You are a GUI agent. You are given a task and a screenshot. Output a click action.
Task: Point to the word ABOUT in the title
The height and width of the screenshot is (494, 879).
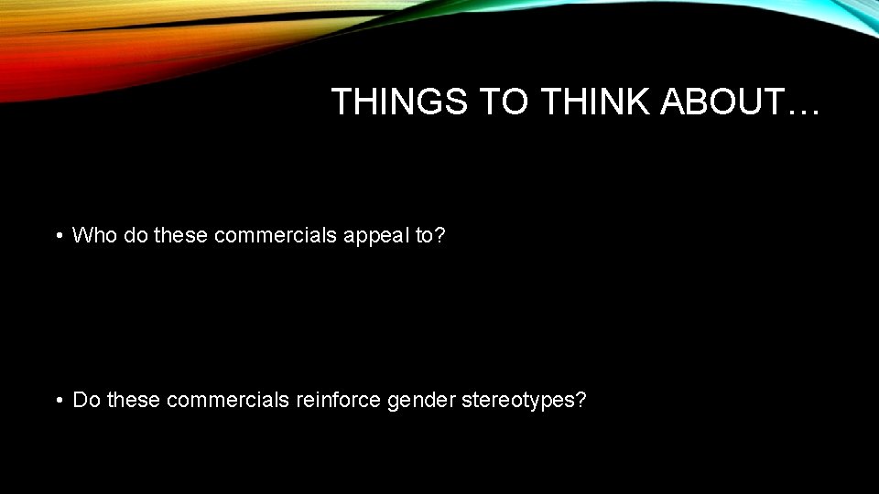pos(723,102)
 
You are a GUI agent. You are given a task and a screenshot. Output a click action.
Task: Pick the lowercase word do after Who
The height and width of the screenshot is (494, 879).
pos(132,235)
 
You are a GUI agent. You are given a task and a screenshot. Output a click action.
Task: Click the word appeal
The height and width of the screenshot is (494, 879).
pos(375,236)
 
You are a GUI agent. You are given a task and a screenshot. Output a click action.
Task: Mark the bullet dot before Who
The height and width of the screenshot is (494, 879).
pos(58,236)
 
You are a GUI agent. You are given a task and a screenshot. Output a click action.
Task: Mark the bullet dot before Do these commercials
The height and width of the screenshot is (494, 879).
pos(58,400)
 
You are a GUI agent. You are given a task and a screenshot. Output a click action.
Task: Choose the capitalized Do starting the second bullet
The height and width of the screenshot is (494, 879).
pos(87,400)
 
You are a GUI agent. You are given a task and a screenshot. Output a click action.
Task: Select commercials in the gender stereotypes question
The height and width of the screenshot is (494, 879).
pos(228,400)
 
